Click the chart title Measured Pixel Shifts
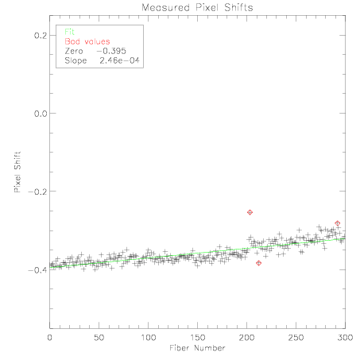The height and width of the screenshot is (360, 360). click(197, 7)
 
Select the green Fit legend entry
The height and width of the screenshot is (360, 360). click(69, 32)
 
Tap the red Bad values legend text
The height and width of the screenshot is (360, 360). click(87, 41)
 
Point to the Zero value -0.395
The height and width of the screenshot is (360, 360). click(111, 51)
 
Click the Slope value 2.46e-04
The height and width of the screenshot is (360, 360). click(119, 60)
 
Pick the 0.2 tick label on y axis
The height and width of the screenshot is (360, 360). click(41, 35)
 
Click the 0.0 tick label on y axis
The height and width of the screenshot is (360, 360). click(41, 114)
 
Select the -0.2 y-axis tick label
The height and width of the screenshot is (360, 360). click(37, 192)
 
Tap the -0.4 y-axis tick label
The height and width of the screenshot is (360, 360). click(37, 270)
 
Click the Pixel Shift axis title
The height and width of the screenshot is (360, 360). click(17, 172)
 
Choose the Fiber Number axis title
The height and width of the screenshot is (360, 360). click(197, 348)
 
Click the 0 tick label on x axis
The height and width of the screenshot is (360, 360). click(49, 338)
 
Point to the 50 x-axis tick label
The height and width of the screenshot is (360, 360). click(99, 338)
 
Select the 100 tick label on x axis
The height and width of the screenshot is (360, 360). click(148, 338)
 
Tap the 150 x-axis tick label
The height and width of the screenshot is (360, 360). click(197, 338)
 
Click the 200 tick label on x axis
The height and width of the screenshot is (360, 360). click(246, 338)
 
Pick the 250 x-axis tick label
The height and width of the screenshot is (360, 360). click(296, 338)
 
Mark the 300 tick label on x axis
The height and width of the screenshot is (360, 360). click(345, 338)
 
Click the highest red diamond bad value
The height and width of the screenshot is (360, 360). click(250, 212)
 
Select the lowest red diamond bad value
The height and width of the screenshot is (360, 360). click(259, 263)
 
